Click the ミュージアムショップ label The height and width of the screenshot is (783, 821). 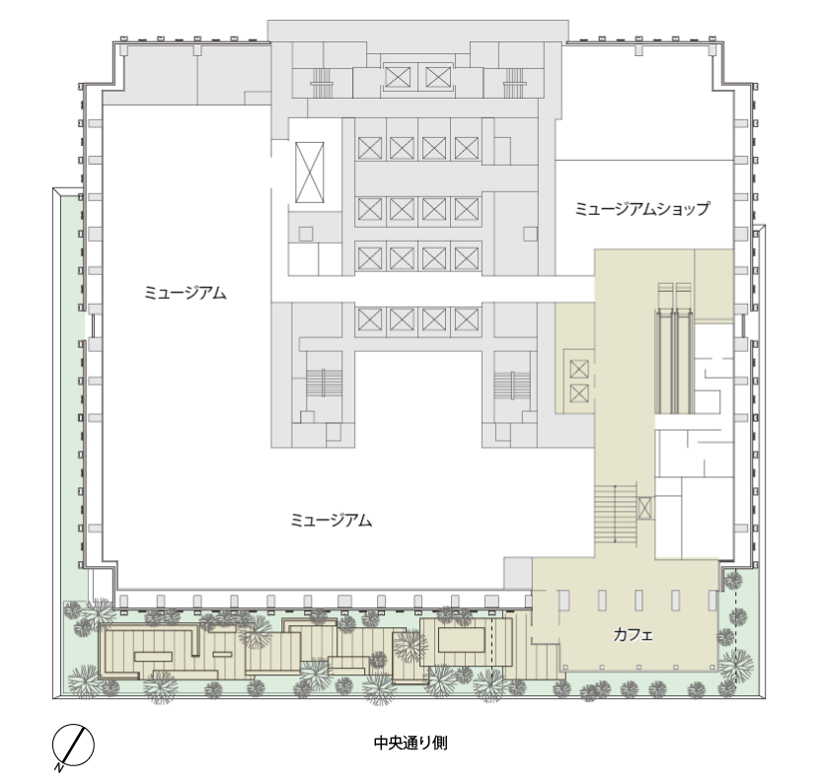coord(642,209)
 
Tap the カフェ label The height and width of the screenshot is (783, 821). coord(634,635)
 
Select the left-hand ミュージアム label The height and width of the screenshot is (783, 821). coord(186,293)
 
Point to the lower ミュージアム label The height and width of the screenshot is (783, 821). coord(331,521)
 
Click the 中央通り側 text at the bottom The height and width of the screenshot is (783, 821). coord(410,743)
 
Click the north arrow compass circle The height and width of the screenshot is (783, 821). coord(73,745)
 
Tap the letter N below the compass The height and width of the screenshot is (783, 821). coord(59,768)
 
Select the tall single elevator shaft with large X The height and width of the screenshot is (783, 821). coord(309,173)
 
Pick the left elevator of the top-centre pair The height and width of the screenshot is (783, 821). coord(398,78)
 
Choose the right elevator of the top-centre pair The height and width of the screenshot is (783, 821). coord(438,78)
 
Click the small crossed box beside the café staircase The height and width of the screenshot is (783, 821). coord(645,508)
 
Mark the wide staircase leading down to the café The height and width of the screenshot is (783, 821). coord(615,515)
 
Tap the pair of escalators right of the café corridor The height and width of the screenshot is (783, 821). coord(675,348)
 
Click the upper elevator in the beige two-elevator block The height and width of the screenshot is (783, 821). coord(579,369)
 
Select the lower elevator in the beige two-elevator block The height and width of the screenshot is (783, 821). coord(579,393)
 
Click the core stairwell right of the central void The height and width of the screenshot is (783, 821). coord(513,386)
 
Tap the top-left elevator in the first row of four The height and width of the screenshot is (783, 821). coord(370,148)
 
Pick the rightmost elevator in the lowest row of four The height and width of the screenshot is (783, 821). coord(467,320)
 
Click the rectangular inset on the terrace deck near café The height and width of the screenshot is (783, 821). coord(461,640)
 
